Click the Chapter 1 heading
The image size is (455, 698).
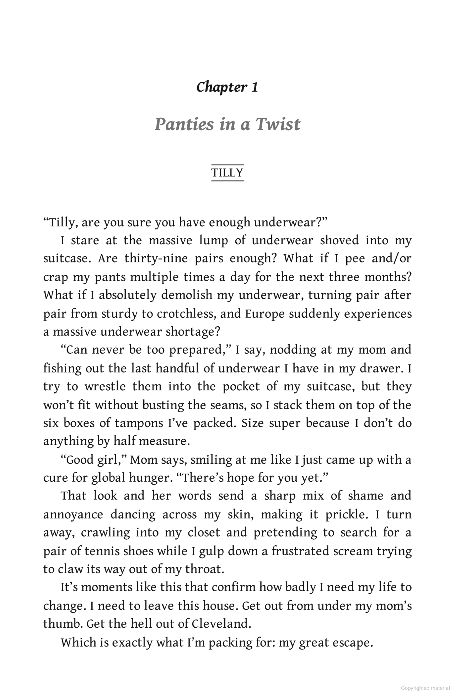pyautogui.click(x=227, y=87)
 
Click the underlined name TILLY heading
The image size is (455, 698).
pyautogui.click(x=227, y=173)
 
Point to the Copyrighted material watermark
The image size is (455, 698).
pyautogui.click(x=425, y=688)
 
